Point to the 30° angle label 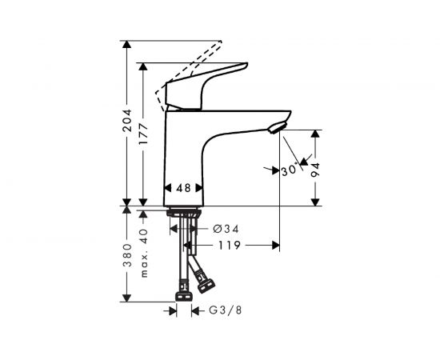(x=288, y=170)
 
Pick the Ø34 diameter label (x=226, y=229)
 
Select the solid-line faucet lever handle (x=204, y=84)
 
